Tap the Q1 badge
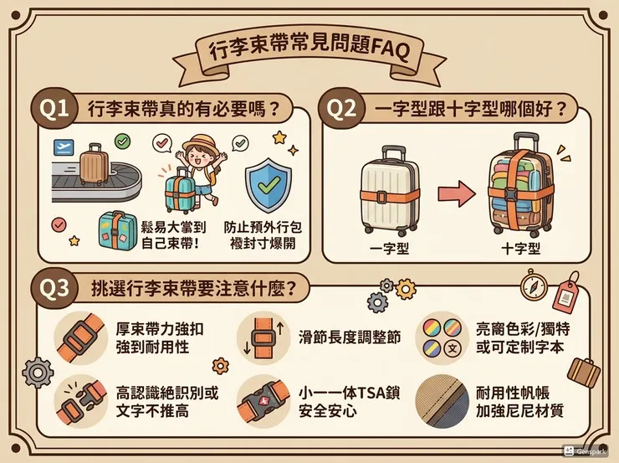(55, 110)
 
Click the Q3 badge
(55, 287)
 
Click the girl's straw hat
(202, 143)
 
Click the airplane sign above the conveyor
(62, 147)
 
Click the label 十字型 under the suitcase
(520, 249)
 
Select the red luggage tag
(568, 295)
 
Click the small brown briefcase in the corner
(584, 372)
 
